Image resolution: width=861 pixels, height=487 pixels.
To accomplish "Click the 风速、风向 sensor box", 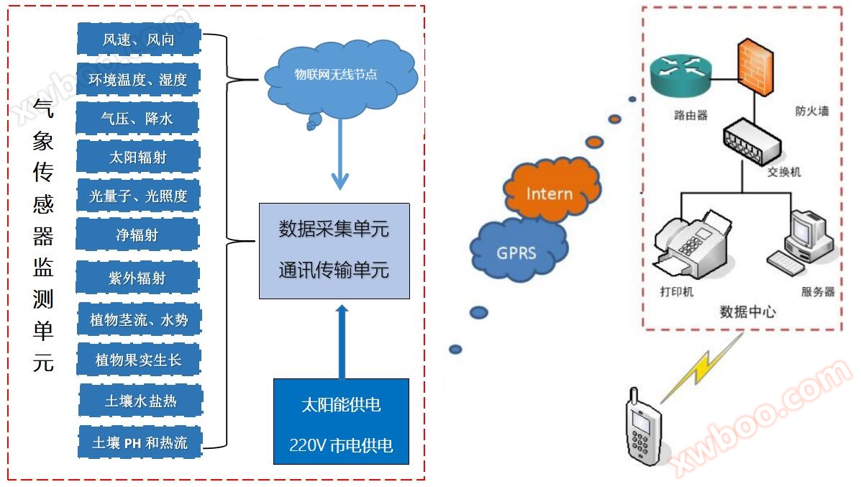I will [138, 39].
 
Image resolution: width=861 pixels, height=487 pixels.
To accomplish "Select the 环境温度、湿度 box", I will [138, 79].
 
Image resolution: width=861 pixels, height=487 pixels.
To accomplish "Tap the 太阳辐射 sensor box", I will [138, 157].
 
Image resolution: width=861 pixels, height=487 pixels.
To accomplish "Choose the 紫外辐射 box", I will [137, 277].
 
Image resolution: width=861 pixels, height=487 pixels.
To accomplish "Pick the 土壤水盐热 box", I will [141, 401].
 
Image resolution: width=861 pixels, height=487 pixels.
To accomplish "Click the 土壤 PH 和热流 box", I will [140, 442].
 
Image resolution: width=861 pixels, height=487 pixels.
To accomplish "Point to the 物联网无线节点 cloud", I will [338, 76].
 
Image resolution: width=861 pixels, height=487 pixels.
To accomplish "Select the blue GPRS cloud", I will [516, 251].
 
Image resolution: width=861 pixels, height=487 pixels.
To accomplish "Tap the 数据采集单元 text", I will [334, 229].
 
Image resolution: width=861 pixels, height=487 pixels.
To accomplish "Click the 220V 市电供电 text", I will [341, 445].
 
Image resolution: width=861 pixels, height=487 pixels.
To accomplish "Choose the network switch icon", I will [752, 141].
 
